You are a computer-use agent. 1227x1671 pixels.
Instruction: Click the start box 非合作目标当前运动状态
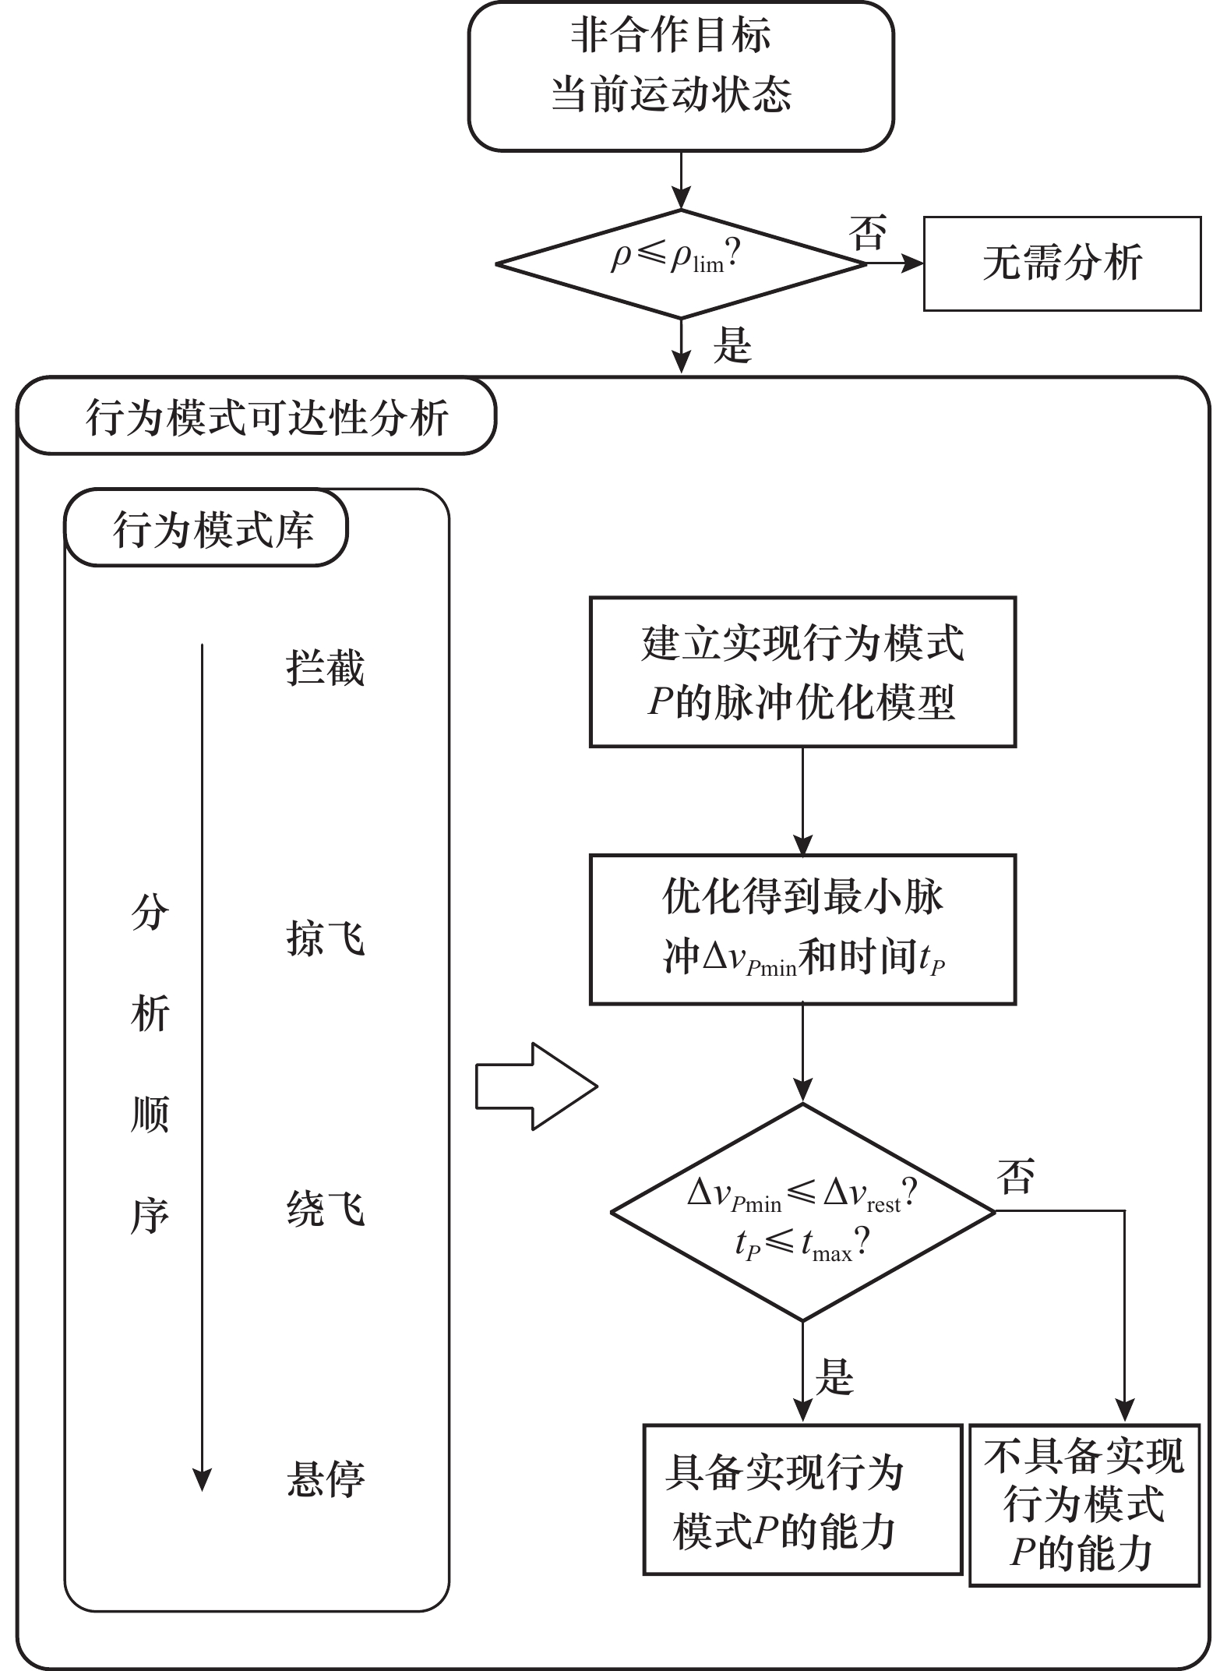pos(680,76)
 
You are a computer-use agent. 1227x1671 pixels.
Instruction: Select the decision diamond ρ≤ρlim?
pos(680,263)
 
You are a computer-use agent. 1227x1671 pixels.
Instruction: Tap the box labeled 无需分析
pos(1061,263)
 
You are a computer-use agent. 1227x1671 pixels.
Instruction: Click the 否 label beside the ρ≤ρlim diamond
pos(867,234)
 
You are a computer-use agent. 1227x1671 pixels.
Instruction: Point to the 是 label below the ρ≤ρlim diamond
pos(732,345)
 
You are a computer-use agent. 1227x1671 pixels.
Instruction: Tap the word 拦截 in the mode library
pos(325,668)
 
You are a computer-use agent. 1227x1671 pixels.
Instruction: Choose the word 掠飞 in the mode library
pos(325,937)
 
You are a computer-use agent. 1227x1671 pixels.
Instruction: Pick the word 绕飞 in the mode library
pos(325,1210)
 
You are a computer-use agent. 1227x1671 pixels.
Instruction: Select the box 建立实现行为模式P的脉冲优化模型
pos(802,672)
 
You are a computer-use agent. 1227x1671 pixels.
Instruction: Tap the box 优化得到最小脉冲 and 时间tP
pos(802,929)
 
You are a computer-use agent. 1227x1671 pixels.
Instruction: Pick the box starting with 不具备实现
pos(1084,1506)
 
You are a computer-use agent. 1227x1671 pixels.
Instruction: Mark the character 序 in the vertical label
pos(150,1216)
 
